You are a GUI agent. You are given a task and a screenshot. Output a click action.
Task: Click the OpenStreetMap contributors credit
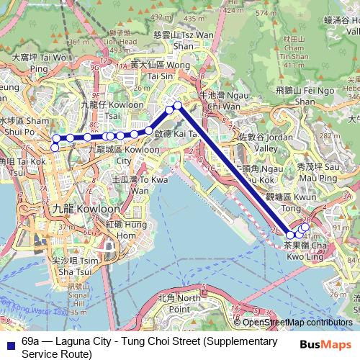pos(297,323)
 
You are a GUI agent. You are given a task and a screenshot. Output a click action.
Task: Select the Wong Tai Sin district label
pos(153,70)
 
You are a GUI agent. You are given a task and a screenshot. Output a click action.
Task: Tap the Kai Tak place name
pos(173,133)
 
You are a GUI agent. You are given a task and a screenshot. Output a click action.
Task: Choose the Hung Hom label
pos(122,230)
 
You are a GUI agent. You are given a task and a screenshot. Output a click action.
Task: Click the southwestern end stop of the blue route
pos(55,148)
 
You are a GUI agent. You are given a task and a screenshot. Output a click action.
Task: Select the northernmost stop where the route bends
pos(178,106)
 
